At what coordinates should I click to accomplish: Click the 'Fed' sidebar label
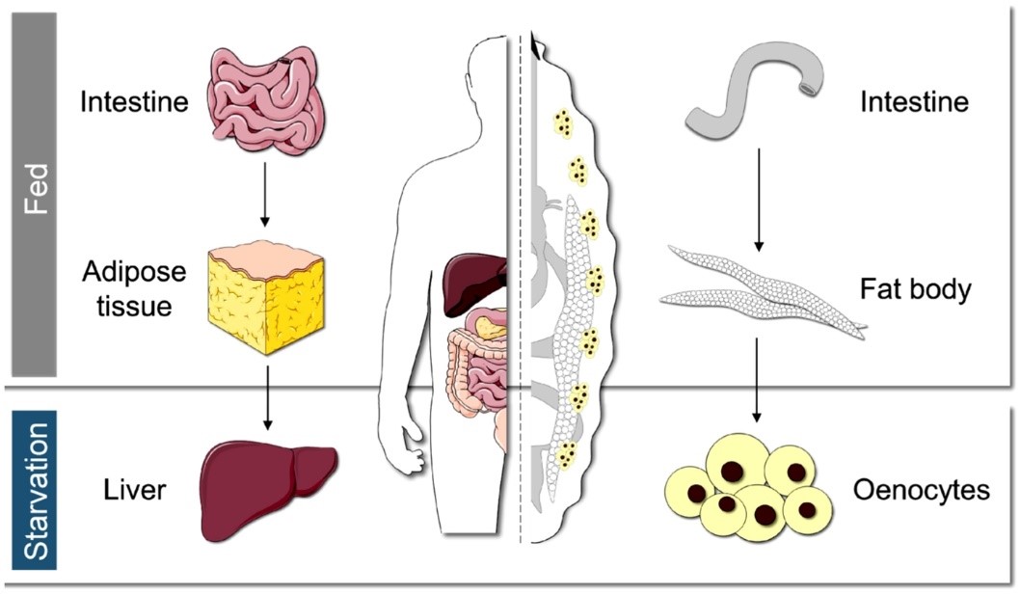34,192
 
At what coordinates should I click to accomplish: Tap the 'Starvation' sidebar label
34,491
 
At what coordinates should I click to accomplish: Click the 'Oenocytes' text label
922,491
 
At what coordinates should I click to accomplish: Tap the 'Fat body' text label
913,288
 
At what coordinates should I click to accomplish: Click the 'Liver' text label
135,491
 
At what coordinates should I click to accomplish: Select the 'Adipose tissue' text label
134,288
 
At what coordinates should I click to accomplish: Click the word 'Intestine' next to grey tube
914,101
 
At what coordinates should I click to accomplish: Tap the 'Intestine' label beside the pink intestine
134,101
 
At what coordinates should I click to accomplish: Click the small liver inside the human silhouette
473,283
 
